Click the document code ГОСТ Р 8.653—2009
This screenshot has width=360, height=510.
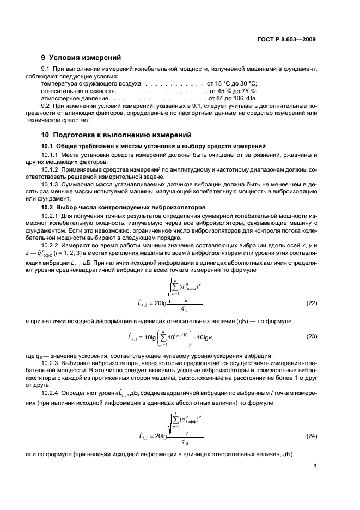pyautogui.click(x=288, y=39)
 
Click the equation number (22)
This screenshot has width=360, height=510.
pyautogui.click(x=311, y=302)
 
